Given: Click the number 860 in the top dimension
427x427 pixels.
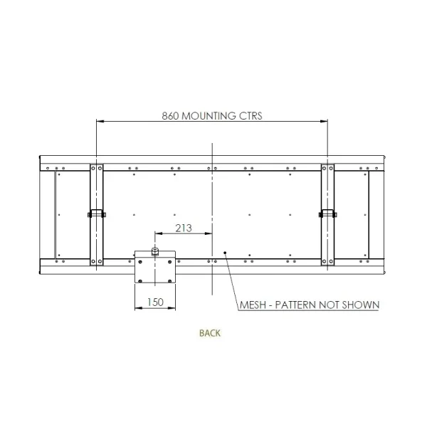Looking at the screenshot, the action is (x=170, y=116).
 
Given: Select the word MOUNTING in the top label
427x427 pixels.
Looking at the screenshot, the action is (x=209, y=116).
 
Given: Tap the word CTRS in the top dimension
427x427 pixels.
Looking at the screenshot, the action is (x=251, y=116).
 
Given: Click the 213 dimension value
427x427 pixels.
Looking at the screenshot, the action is (x=184, y=228).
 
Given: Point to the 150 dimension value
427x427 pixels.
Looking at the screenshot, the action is (x=155, y=302).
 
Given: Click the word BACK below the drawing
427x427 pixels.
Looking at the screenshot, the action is (x=210, y=333).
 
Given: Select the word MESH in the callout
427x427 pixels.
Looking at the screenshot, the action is (x=253, y=305).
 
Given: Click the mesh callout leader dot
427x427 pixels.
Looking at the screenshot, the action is (x=225, y=253).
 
